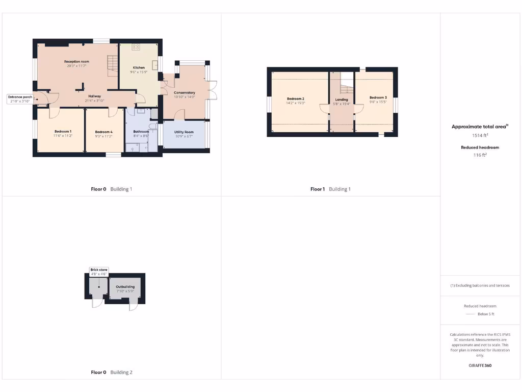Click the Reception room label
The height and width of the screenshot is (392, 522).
[76, 61]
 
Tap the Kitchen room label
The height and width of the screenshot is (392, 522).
[139, 67]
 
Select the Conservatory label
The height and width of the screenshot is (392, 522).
[185, 93]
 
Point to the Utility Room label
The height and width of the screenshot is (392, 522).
[185, 132]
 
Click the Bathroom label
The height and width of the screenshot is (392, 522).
[141, 132]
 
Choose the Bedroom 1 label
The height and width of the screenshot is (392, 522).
[63, 132]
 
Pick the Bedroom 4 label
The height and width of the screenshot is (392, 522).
[103, 132]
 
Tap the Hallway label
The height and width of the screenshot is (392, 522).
[94, 96]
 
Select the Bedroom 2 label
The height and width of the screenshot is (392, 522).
[296, 99]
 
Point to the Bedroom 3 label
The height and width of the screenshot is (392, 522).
[378, 97]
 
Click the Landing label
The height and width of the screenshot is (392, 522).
[342, 100]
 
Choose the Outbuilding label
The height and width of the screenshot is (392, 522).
[125, 287]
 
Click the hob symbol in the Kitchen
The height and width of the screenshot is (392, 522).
[136, 47]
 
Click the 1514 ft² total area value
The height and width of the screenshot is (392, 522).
[480, 136]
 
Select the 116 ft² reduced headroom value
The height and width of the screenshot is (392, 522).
[480, 155]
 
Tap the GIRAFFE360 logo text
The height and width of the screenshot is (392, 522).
[480, 365]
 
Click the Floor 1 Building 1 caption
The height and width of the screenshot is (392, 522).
[330, 189]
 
